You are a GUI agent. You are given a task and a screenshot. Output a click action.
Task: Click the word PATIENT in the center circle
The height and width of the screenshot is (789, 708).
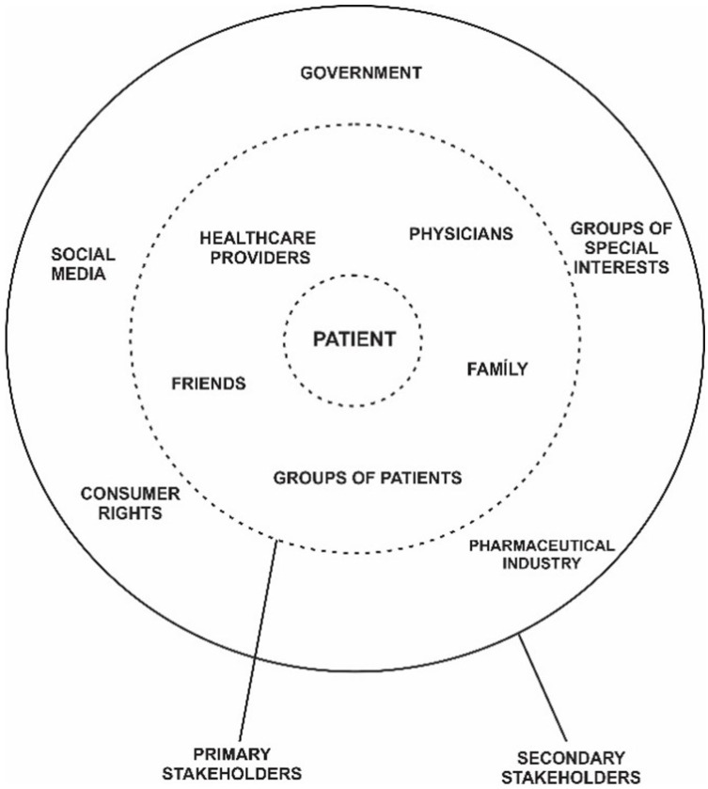click(x=352, y=339)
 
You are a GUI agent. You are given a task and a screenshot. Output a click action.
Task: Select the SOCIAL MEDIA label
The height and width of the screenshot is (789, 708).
click(x=83, y=264)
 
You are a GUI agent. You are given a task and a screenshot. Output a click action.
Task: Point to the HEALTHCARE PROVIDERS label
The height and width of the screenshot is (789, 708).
click(x=257, y=246)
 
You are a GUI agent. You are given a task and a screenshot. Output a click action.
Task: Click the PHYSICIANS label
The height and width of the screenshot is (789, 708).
click(x=461, y=233)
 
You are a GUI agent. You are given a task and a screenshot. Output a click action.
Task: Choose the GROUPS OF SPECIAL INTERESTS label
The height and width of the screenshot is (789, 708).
click(x=620, y=246)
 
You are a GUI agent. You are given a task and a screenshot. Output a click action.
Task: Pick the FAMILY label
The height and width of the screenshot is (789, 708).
click(x=497, y=369)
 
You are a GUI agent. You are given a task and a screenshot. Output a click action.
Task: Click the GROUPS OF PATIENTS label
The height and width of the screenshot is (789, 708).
click(x=368, y=478)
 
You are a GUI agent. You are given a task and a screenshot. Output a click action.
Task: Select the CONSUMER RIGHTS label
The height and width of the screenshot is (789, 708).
click(x=121, y=503)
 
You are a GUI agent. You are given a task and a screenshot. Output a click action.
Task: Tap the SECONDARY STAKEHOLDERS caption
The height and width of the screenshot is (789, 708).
click(x=585, y=767)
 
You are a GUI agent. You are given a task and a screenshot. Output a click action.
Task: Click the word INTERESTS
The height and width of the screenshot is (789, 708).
click(x=621, y=266)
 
